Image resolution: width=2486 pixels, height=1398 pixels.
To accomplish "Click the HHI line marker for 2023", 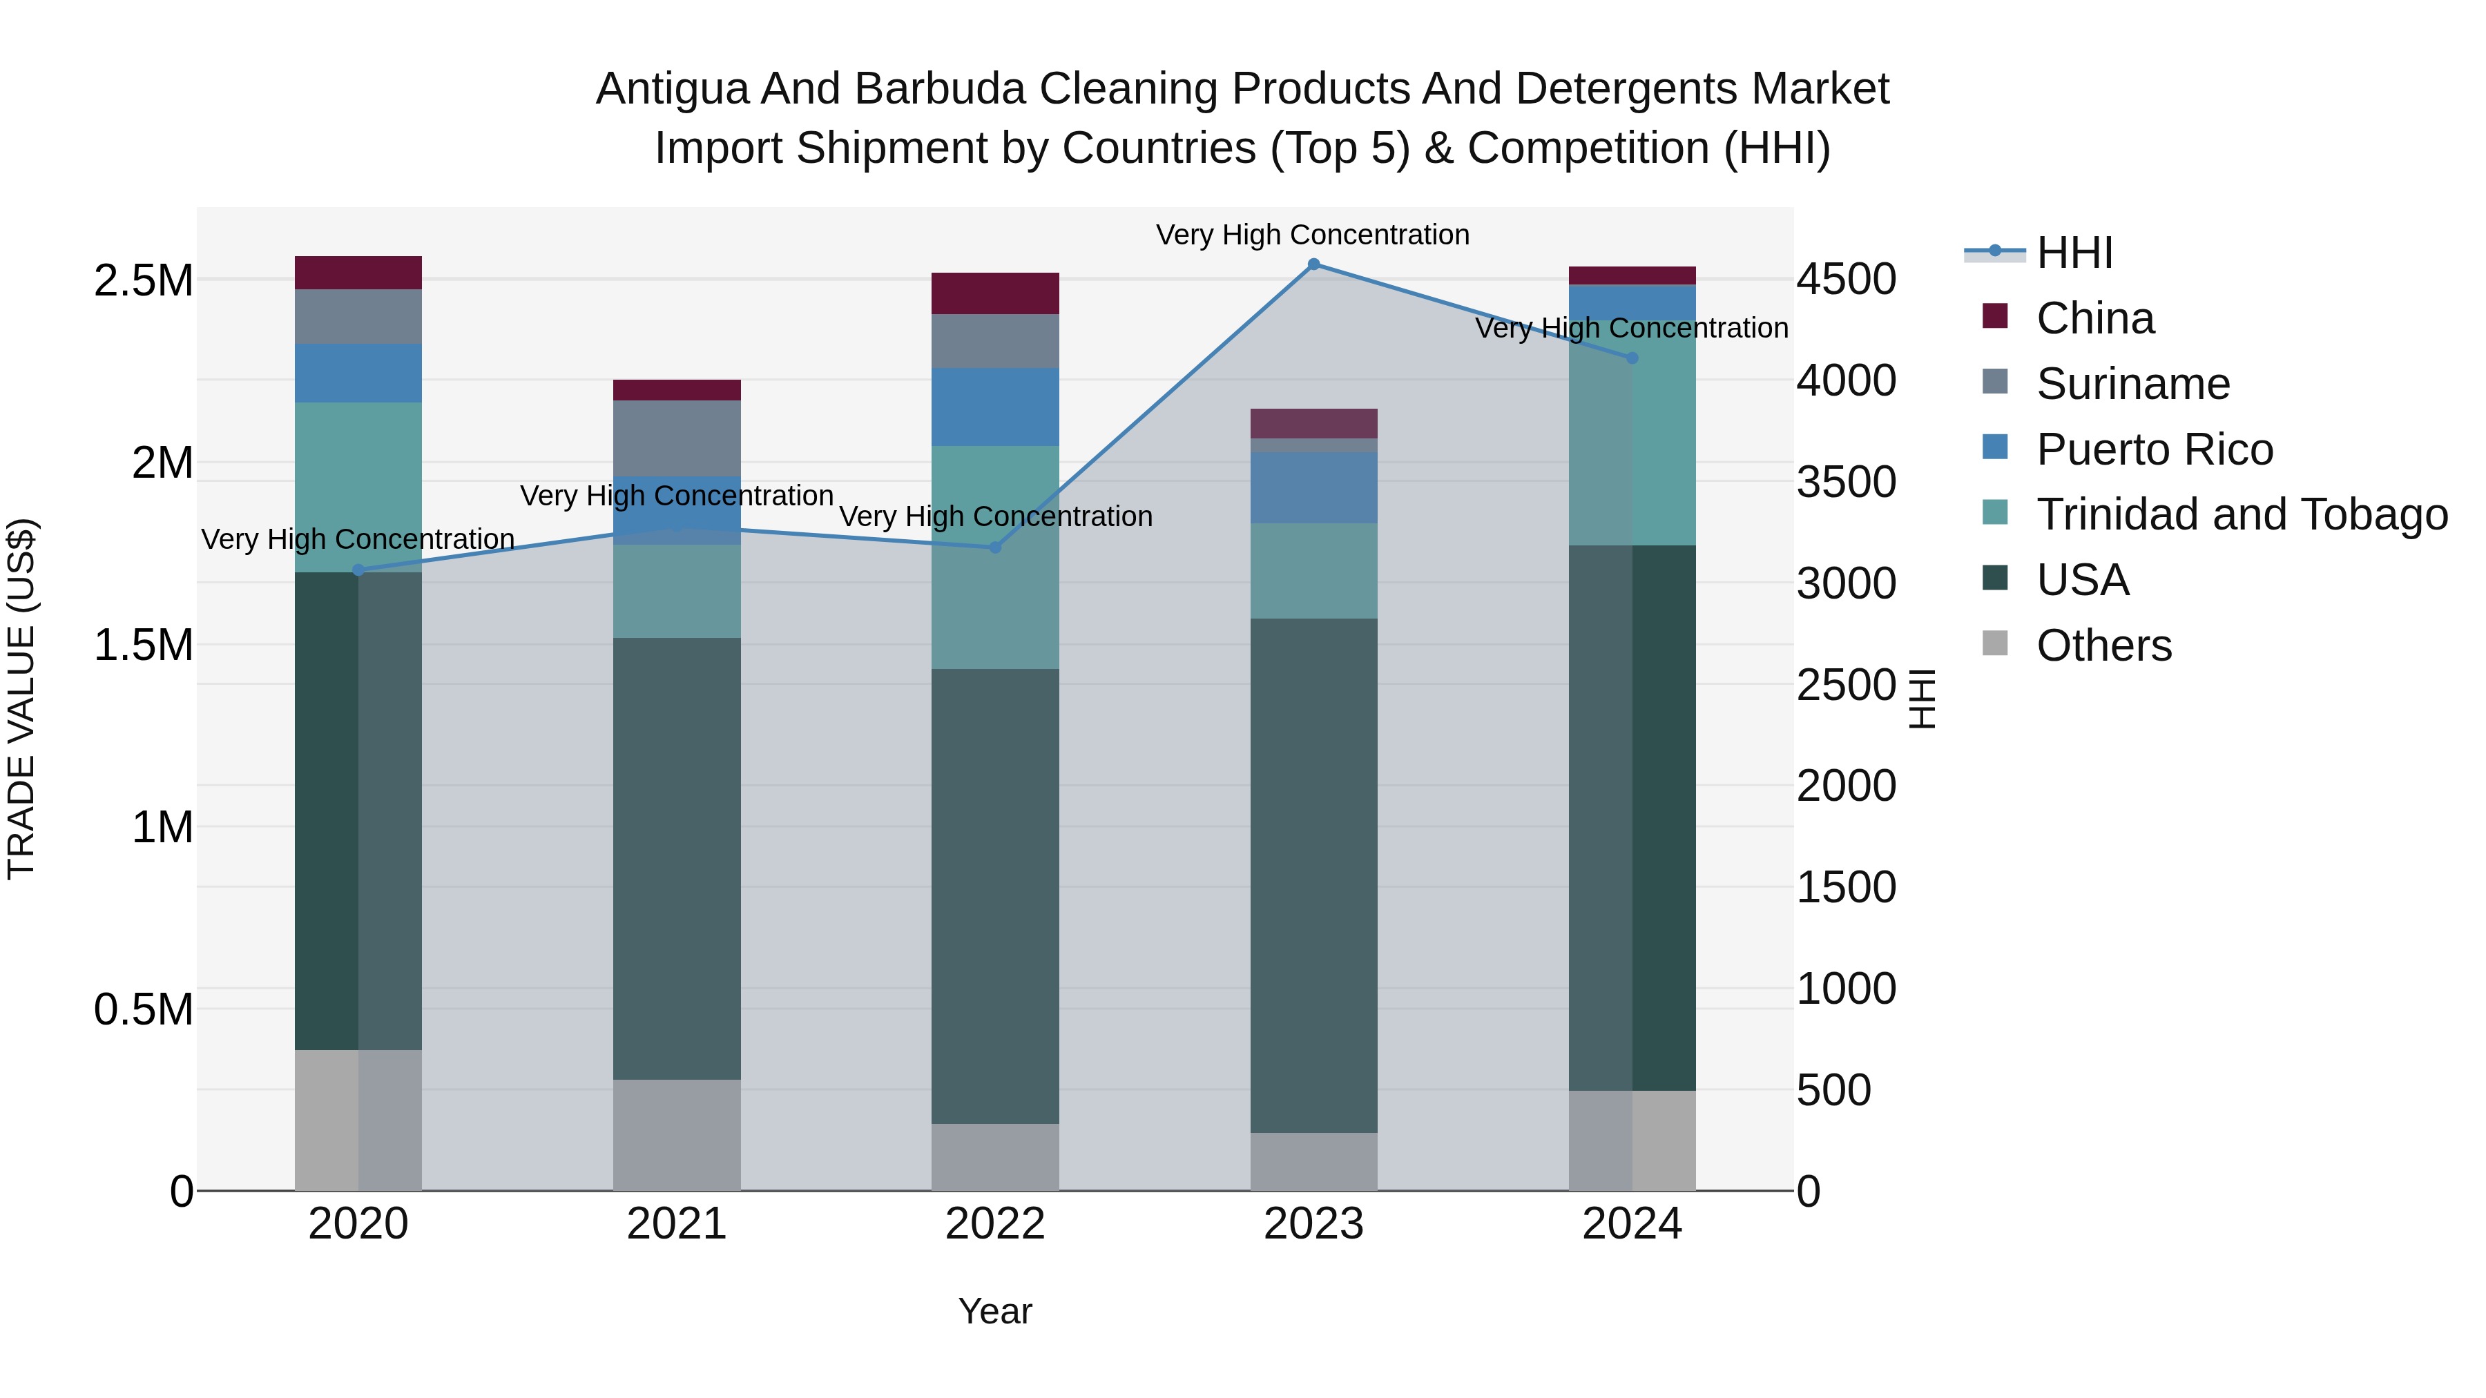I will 1313,264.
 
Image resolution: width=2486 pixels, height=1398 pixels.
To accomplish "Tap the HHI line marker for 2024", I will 1632,358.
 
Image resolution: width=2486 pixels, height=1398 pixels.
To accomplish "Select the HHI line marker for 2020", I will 358,570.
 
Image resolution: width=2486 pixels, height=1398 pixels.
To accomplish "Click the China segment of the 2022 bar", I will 995,293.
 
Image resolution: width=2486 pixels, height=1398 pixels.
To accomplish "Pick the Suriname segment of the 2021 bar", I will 677,438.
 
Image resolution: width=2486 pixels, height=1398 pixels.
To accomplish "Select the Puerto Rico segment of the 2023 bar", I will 1313,487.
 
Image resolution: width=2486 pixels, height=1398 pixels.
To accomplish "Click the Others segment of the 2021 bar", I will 677,1134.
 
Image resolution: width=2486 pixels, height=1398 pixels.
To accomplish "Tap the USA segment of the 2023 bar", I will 1313,875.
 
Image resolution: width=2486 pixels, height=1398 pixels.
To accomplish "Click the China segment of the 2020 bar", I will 358,273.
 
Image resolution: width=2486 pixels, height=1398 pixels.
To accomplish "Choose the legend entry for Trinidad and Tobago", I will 2241,514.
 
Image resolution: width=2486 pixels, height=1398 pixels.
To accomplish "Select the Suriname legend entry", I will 2133,384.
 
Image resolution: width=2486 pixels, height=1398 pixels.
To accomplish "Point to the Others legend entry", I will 2104,645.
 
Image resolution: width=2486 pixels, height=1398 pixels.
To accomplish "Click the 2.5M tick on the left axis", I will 144,281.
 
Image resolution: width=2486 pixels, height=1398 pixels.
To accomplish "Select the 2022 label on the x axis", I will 995,1224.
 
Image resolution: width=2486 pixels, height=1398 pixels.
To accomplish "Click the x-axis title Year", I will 995,1311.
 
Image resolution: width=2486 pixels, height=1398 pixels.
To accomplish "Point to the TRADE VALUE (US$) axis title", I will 22,699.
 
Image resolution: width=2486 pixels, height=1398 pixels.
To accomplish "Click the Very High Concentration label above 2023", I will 1313,235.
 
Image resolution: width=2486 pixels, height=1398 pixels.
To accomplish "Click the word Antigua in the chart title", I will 673,89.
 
